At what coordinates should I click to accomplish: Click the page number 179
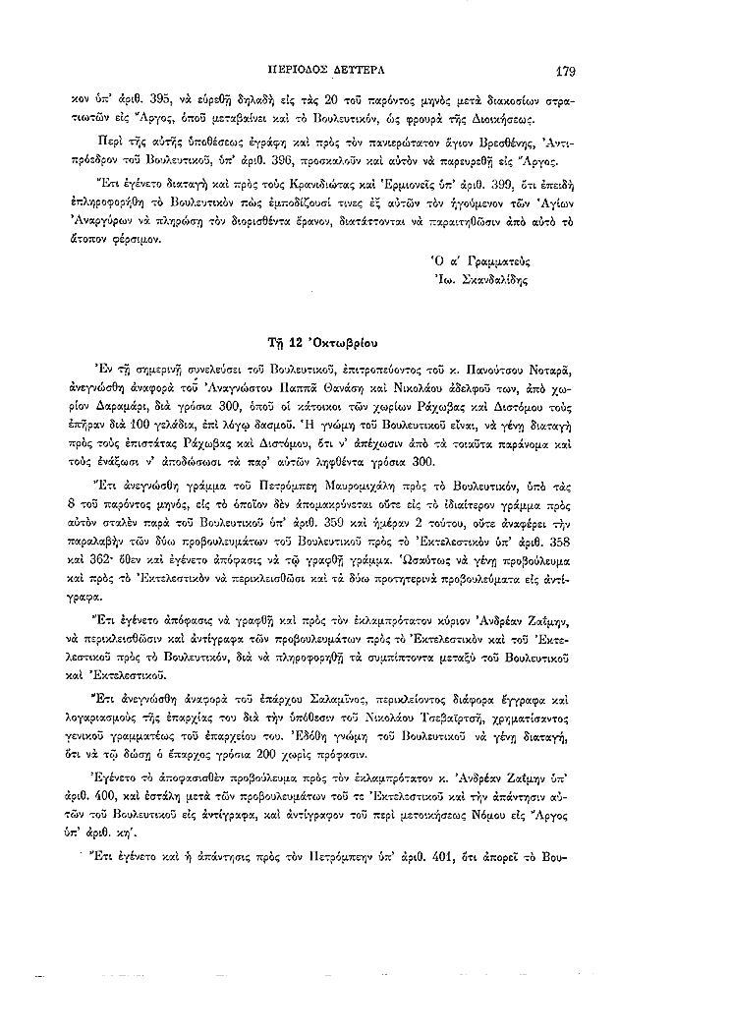coord(565,71)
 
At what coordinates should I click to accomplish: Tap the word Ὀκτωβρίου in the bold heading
coord(332,342)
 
